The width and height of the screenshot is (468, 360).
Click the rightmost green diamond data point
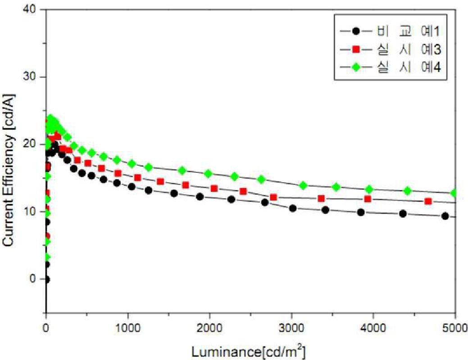pos(454,193)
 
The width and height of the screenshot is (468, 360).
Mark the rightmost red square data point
pos(428,201)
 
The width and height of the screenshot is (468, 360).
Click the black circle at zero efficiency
pos(46,279)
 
